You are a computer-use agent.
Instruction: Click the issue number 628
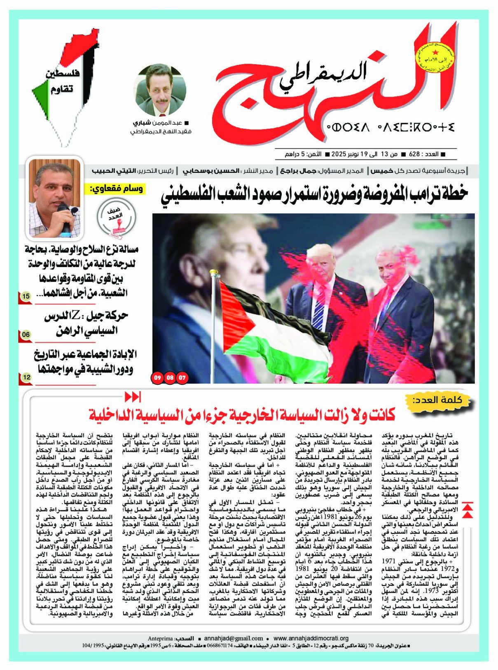pos(414,154)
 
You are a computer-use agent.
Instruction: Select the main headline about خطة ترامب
pos(314,193)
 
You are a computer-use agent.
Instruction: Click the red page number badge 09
pos(157,377)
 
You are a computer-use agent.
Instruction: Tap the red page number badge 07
pos(182,377)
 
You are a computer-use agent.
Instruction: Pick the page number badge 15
pos(26,296)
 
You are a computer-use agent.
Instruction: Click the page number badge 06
pos(26,335)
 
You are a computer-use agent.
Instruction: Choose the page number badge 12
pos(26,377)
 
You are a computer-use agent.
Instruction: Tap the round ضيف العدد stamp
pos(116,216)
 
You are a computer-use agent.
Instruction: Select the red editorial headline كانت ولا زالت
pos(242,414)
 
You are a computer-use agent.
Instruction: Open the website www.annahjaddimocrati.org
pos(311,638)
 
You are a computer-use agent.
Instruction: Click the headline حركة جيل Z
pos(86,323)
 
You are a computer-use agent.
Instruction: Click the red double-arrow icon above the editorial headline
pos(133,397)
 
